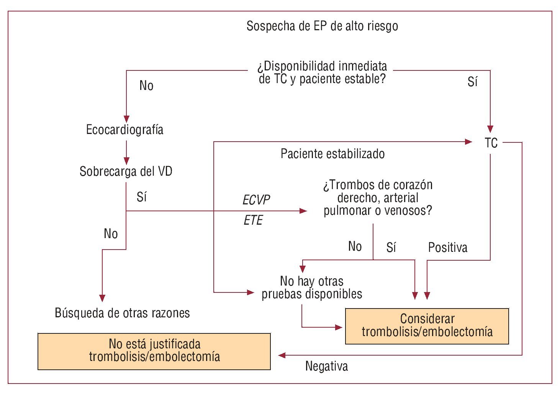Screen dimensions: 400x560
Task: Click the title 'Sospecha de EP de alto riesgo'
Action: click(x=322, y=26)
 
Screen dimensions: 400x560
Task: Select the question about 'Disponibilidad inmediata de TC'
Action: click(x=322, y=72)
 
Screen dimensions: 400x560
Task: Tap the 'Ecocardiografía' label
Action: click(x=125, y=130)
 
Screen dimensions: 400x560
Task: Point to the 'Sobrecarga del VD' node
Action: click(x=126, y=171)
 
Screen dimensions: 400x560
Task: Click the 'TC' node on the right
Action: click(x=491, y=143)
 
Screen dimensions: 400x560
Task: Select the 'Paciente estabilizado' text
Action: click(x=332, y=154)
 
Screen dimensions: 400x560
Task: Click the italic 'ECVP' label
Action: click(x=256, y=200)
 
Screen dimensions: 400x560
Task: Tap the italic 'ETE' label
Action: click(x=253, y=220)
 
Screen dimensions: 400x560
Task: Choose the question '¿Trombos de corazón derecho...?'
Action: click(x=378, y=198)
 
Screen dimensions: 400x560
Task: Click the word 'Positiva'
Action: click(x=448, y=248)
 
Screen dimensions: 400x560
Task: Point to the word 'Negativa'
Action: click(x=326, y=366)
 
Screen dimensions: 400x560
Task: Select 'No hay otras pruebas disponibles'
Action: click(x=312, y=287)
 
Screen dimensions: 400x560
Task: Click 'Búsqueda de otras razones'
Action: click(x=122, y=313)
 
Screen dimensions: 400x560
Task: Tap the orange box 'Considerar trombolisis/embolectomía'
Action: click(x=427, y=326)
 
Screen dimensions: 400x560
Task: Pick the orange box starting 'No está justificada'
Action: click(x=154, y=351)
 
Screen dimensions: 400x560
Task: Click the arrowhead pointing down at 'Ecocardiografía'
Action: click(x=126, y=119)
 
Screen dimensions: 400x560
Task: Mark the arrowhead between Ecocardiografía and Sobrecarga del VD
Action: click(x=126, y=160)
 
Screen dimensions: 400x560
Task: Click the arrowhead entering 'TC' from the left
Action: click(x=468, y=142)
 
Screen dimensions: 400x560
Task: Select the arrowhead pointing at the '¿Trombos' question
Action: click(x=303, y=211)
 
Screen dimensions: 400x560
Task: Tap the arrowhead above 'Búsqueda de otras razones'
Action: click(x=102, y=298)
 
